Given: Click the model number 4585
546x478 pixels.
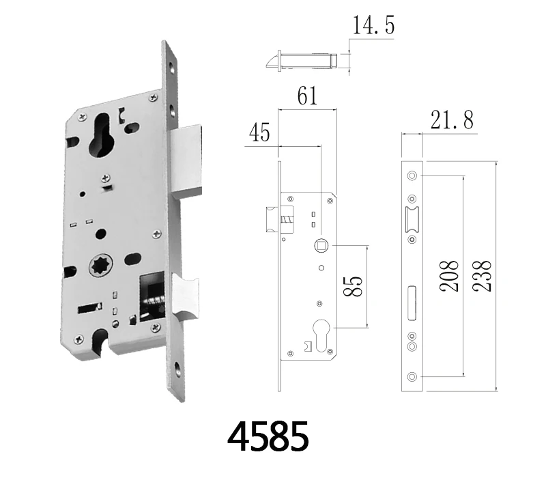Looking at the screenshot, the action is pyautogui.click(x=268, y=436).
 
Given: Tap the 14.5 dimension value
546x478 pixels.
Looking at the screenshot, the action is pyautogui.click(x=373, y=25).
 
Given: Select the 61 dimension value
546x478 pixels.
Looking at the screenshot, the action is pyautogui.click(x=308, y=96).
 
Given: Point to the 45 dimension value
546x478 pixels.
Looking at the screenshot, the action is pyautogui.click(x=259, y=132).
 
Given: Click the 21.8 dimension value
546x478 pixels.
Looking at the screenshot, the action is pyautogui.click(x=452, y=120).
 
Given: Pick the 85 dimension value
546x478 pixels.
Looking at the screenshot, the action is pyautogui.click(x=353, y=286).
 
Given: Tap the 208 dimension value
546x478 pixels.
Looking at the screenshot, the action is pyautogui.click(x=449, y=276).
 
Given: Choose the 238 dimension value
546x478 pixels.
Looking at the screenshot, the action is pyautogui.click(x=482, y=276).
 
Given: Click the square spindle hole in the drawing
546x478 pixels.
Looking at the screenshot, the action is pyautogui.click(x=321, y=246).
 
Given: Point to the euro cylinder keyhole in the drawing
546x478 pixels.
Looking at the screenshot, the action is pyautogui.click(x=321, y=335).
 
